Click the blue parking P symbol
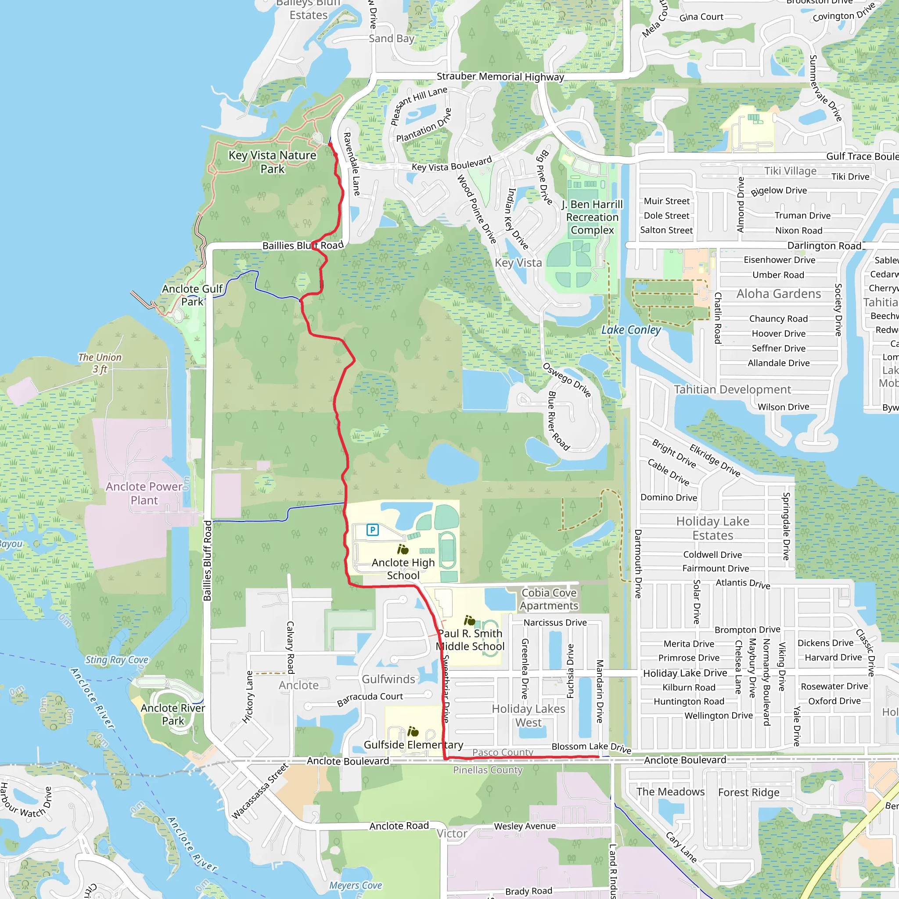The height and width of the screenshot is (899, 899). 372,529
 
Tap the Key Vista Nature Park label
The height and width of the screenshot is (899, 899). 272,162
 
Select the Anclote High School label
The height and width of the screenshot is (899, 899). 403,568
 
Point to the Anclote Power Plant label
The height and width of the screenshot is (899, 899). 144,493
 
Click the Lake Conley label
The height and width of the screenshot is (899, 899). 630,330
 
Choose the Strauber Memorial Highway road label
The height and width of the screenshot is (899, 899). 500,77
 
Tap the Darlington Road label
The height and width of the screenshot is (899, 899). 824,246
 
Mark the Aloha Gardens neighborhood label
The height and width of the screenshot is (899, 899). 778,294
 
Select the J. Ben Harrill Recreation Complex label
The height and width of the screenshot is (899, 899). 592,217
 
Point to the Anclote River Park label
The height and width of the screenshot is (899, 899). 173,714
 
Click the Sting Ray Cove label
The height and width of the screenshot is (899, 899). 117,660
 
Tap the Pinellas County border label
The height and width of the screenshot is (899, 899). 488,770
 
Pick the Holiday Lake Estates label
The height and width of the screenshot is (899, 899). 712,528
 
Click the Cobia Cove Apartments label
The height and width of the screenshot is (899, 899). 549,599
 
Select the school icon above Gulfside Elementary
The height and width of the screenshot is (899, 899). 413,731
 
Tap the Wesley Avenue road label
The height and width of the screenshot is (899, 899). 525,827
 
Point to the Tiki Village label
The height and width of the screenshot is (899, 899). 790,171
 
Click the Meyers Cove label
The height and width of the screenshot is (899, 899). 356,885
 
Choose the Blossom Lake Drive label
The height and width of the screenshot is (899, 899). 591,747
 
